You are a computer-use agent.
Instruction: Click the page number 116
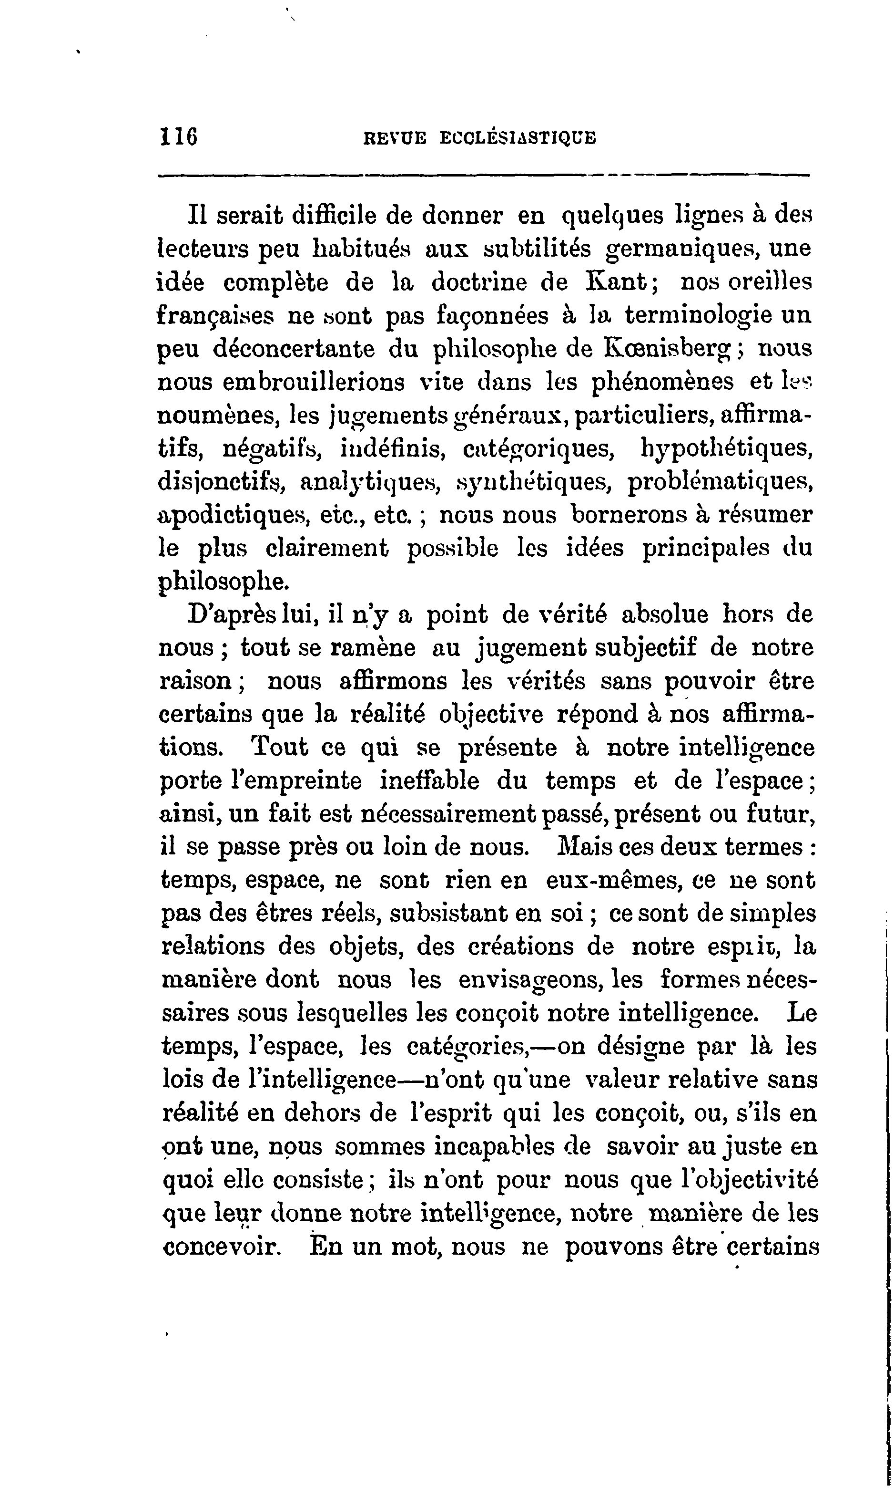click(x=179, y=136)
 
